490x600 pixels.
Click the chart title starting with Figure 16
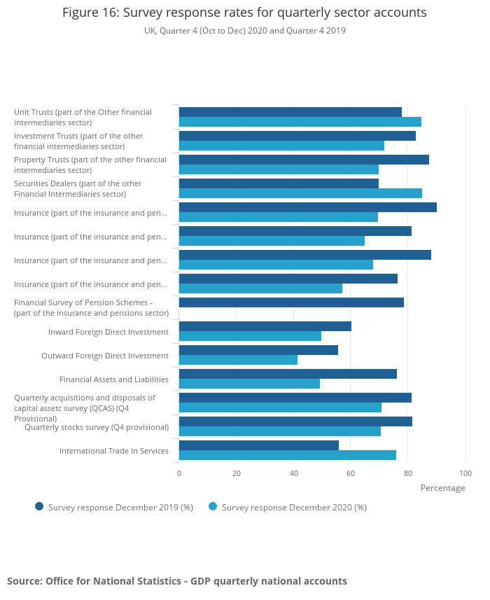(244, 13)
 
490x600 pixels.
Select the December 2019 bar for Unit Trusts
(290, 112)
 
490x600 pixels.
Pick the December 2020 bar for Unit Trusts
(300, 122)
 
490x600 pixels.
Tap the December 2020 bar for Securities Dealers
(300, 193)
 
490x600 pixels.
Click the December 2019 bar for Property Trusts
(304, 160)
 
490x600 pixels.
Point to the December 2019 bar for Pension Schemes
(291, 302)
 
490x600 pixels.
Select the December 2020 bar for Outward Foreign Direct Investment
(238, 360)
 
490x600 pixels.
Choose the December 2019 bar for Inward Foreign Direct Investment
(265, 326)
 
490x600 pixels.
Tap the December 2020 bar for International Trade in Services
(287, 455)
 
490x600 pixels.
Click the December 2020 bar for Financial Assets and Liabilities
(249, 384)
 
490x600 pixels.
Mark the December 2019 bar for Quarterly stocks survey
(295, 421)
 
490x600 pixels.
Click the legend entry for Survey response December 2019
(114, 507)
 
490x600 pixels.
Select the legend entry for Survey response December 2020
(288, 507)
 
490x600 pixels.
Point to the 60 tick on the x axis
(351, 473)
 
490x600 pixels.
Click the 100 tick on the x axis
(465, 473)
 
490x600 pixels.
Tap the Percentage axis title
(442, 488)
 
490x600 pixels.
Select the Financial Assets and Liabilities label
(114, 379)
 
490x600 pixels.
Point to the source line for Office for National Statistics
(177, 581)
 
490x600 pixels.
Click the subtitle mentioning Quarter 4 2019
(244, 31)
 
